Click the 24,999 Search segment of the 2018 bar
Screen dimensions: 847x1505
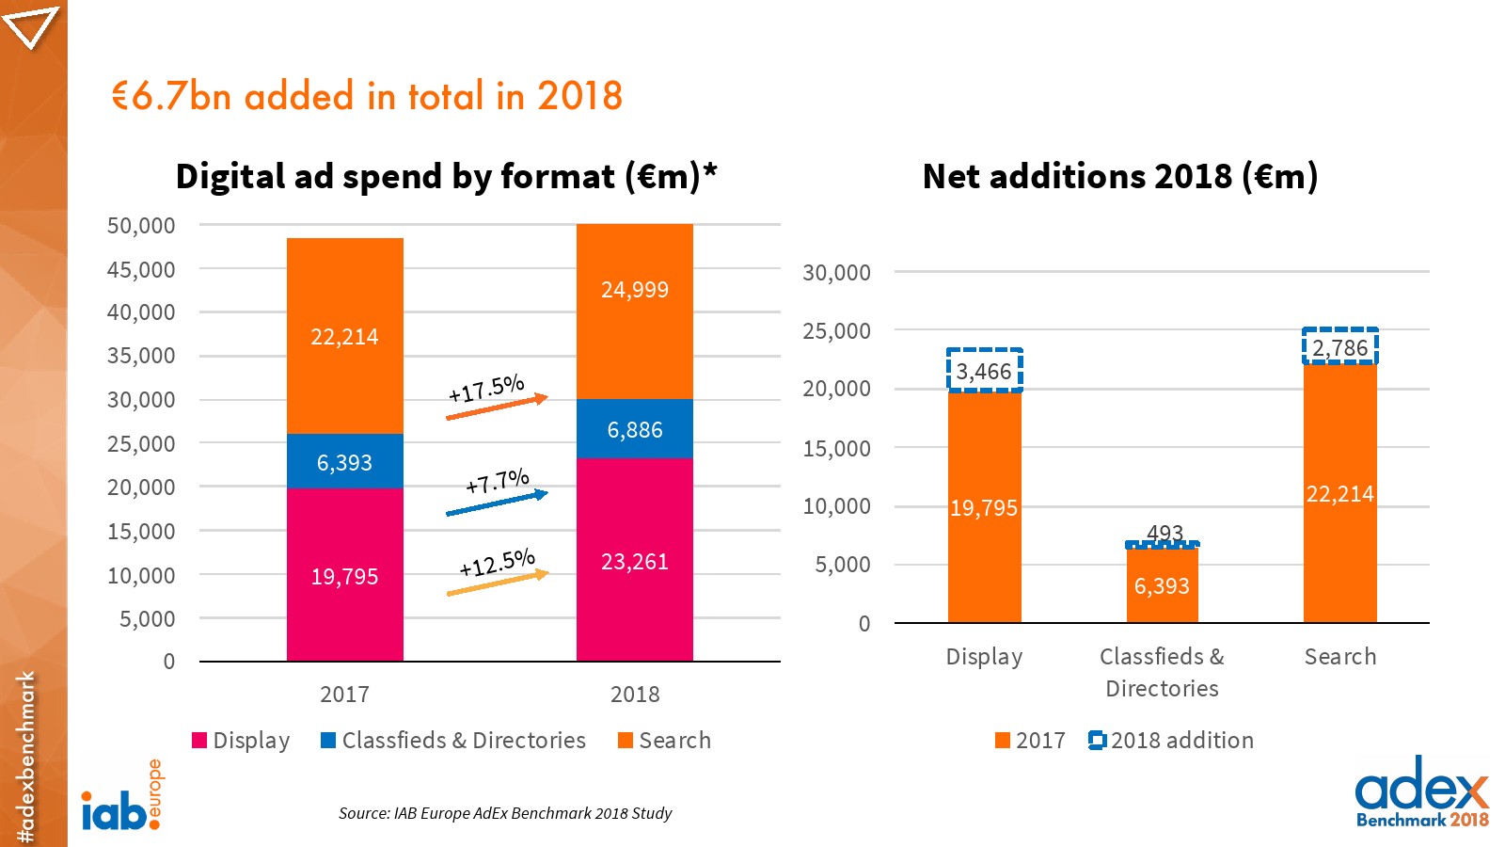(x=634, y=311)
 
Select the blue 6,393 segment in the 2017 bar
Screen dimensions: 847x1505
(x=344, y=461)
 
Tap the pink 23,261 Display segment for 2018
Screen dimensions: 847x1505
(x=634, y=560)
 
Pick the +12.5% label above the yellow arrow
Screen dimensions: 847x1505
(x=497, y=563)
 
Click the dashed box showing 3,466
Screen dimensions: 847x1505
(x=984, y=371)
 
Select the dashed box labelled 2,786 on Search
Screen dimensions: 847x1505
(x=1339, y=347)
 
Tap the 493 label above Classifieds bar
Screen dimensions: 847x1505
(x=1164, y=533)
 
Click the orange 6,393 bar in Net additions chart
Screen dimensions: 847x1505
(x=1162, y=585)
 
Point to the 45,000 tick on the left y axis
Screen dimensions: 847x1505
(x=141, y=270)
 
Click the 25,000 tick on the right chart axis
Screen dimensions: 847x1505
(x=836, y=331)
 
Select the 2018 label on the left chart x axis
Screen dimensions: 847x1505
(x=635, y=695)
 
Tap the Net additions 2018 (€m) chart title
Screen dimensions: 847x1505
(x=1119, y=177)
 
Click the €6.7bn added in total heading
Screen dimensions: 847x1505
(x=367, y=97)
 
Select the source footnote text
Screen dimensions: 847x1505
(x=505, y=813)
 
